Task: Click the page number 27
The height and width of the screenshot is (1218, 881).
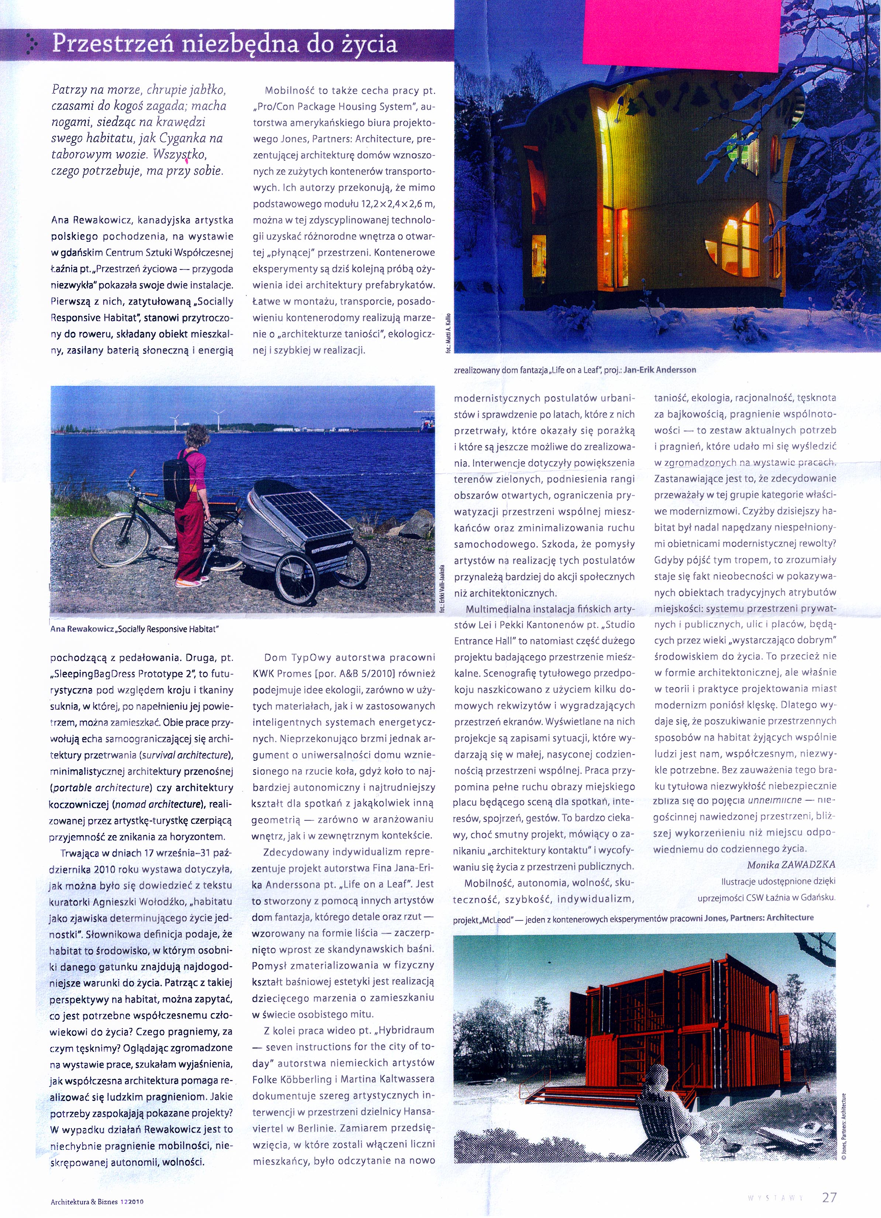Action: click(829, 1197)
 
